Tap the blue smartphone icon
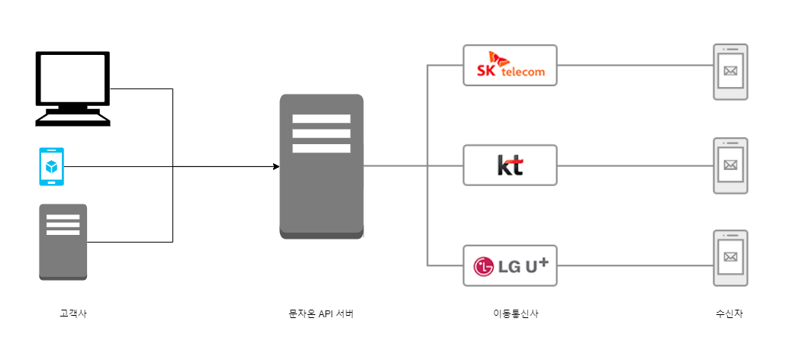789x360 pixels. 52,166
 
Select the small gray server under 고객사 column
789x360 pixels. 63,242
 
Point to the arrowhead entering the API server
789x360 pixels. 275,166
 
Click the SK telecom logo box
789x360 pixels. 510,65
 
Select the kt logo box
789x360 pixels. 510,165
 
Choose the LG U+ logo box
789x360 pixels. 510,265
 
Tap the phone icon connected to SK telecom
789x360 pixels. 730,72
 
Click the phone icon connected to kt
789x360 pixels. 730,166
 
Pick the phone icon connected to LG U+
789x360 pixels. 730,258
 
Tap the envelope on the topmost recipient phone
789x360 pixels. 730,72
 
